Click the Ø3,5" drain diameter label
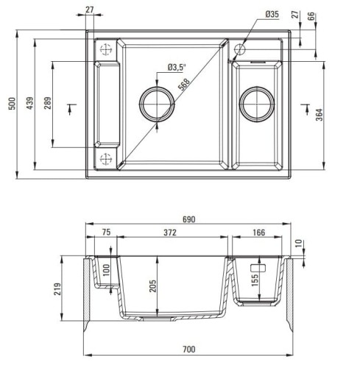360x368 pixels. tap(177, 68)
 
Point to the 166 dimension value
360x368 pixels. tap(258, 234)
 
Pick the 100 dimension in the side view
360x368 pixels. tap(105, 272)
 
